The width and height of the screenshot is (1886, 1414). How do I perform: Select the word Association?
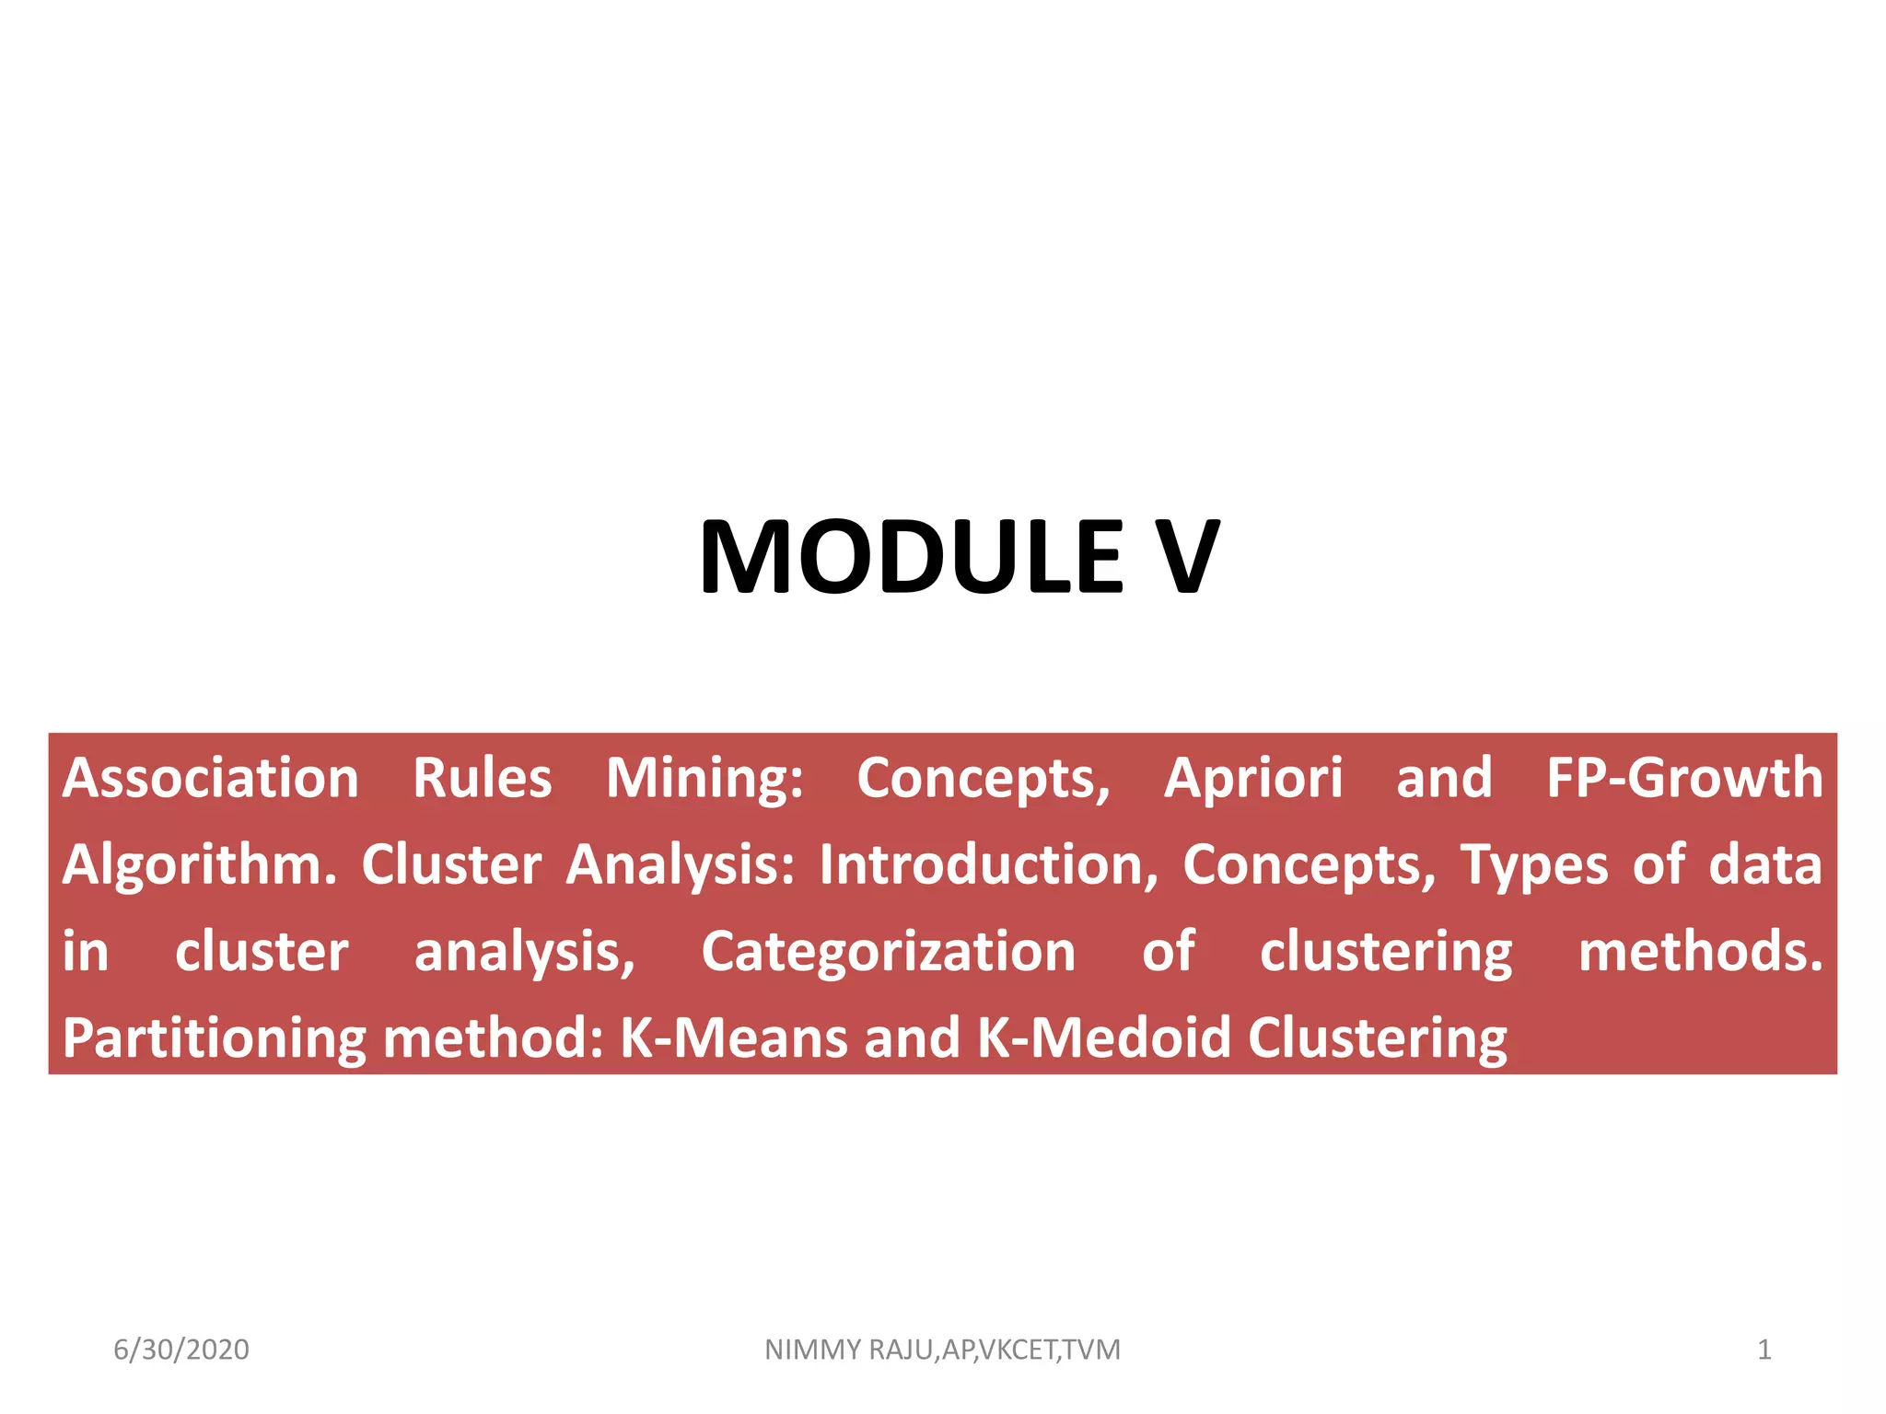point(210,779)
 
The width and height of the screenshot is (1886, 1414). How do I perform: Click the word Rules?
point(482,779)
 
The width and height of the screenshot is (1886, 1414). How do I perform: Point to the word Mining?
point(704,779)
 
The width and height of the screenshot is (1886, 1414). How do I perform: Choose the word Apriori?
point(1253,779)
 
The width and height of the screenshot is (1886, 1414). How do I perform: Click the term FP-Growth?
point(1684,779)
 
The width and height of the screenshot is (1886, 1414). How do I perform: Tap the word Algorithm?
point(199,865)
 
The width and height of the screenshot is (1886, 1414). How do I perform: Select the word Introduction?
point(988,865)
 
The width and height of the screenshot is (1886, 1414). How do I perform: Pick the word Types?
point(1534,865)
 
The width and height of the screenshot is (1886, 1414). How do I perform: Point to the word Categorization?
point(888,952)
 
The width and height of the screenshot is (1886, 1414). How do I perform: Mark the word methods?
point(1700,952)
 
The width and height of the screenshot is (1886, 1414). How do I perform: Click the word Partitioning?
point(214,1038)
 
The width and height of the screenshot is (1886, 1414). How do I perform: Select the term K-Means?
point(733,1038)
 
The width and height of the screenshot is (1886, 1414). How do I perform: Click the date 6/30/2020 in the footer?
point(181,1350)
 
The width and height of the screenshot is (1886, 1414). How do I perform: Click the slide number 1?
point(1764,1350)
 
